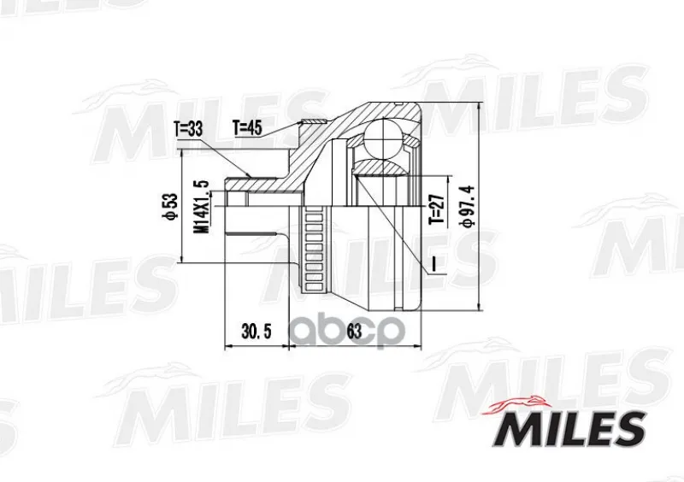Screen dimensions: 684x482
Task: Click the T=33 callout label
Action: (x=188, y=129)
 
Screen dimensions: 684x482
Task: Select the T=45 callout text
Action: (x=247, y=127)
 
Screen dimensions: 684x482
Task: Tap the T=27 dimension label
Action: (x=436, y=209)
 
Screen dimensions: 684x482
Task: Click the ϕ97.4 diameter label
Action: (x=469, y=206)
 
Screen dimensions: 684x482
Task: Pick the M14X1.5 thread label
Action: (x=203, y=207)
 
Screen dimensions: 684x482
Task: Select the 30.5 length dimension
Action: (x=256, y=332)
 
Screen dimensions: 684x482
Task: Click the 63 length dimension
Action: (x=354, y=332)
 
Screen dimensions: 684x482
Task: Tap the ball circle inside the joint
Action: (x=383, y=138)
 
